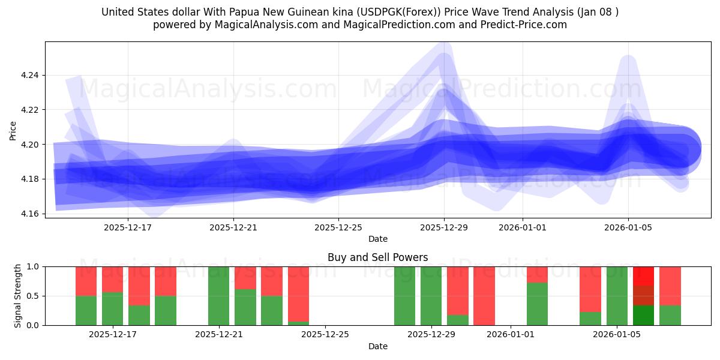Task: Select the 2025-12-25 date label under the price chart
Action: point(338,227)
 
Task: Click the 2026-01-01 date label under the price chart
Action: point(522,227)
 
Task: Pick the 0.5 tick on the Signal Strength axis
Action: point(34,296)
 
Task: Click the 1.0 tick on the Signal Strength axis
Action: point(34,266)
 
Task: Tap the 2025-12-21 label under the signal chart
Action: point(219,335)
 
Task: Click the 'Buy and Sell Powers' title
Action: point(377,257)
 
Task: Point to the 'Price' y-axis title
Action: point(13,130)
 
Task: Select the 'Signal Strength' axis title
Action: point(18,296)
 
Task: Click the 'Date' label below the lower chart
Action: point(377,346)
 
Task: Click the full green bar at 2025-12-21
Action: point(219,296)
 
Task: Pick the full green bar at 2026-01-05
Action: point(617,296)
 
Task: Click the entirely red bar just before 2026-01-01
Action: point(484,296)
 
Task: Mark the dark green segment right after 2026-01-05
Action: point(643,315)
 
